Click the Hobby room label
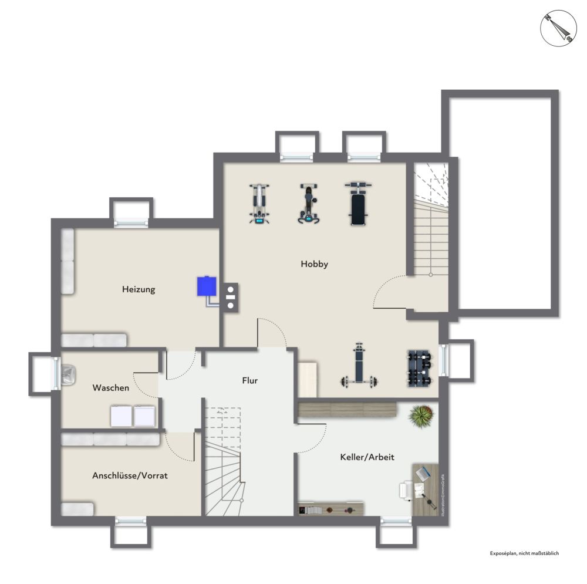point(314,264)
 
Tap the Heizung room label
point(139,289)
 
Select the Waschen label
point(110,388)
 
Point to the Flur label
point(249,380)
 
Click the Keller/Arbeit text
point(367,457)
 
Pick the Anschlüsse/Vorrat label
point(130,475)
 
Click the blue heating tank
point(206,286)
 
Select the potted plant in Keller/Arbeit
point(421,416)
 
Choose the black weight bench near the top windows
point(359,203)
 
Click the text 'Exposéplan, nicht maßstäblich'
point(524,553)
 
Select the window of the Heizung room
point(131,222)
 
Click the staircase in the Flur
point(223,464)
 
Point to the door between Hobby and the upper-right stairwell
point(390,293)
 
